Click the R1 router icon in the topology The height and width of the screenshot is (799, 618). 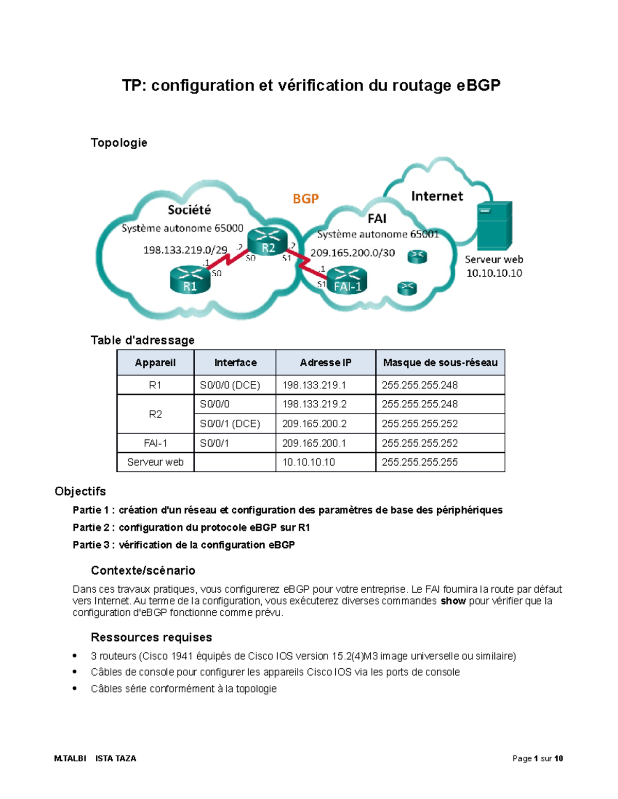click(190, 279)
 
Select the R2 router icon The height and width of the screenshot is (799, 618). click(267, 242)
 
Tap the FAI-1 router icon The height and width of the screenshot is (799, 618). click(347, 280)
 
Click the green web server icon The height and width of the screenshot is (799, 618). click(494, 226)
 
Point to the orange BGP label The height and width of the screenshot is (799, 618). click(305, 199)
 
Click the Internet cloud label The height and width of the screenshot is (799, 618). click(437, 196)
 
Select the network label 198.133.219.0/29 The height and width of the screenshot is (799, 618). click(185, 250)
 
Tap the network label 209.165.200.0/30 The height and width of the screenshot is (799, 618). click(353, 253)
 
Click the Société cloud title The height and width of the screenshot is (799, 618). click(189, 210)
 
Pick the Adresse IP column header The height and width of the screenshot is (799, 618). click(325, 363)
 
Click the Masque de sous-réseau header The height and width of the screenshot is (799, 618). click(440, 363)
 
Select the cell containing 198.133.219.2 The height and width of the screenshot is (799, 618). click(314, 404)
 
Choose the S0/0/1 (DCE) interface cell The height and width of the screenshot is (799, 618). click(230, 424)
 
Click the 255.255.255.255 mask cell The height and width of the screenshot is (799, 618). click(420, 463)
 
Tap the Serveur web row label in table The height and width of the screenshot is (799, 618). click(155, 463)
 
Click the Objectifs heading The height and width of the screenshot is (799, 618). click(80, 491)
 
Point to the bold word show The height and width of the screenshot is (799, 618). click(453, 601)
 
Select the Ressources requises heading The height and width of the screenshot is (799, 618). click(151, 637)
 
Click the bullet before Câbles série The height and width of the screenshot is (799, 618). click(75, 689)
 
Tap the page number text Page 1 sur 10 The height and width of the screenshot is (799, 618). click(537, 758)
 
